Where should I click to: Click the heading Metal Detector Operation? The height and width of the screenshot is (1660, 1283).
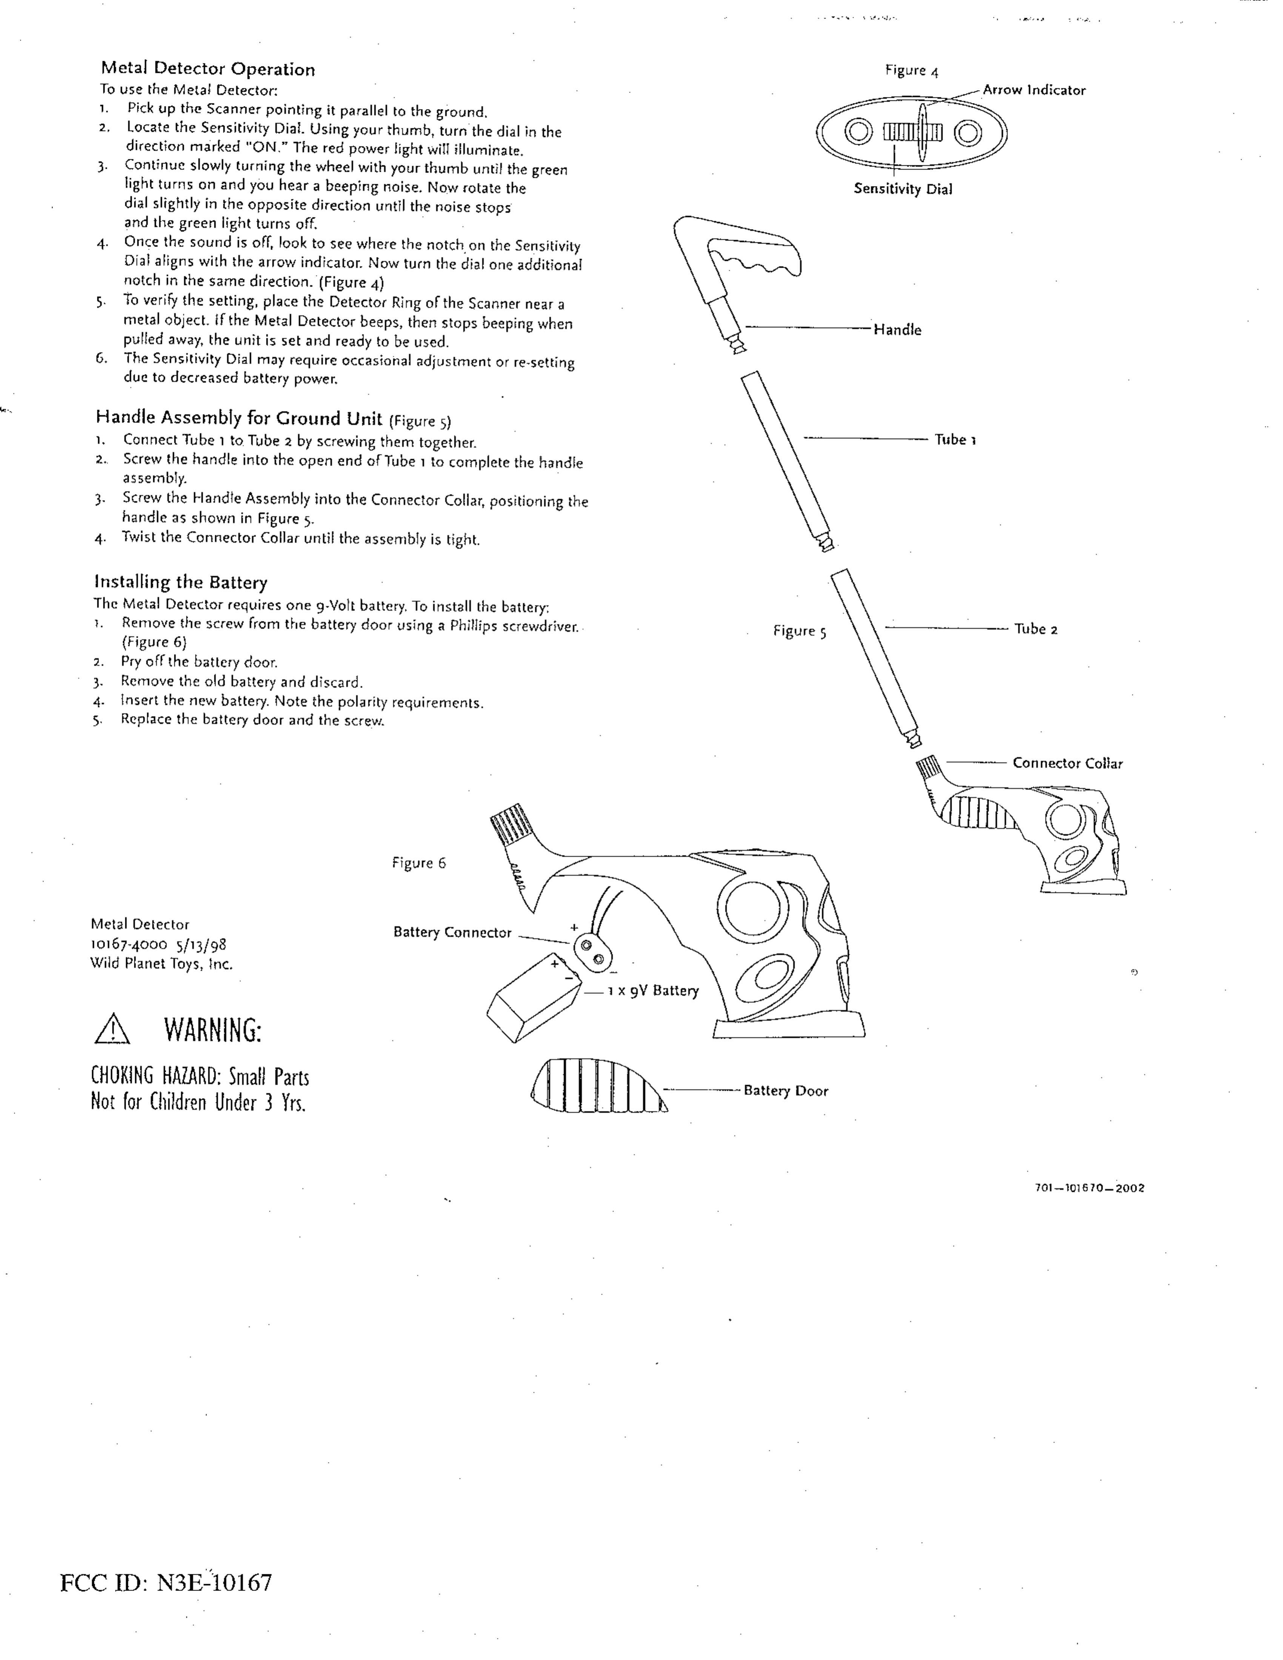(208, 69)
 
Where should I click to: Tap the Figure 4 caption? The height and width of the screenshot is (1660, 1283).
(911, 71)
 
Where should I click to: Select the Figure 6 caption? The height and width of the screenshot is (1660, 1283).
(419, 863)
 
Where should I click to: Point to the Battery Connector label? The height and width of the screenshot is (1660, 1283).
(452, 933)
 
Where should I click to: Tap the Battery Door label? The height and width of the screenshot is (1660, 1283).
(785, 1091)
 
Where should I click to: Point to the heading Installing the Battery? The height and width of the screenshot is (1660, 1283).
(181, 582)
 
